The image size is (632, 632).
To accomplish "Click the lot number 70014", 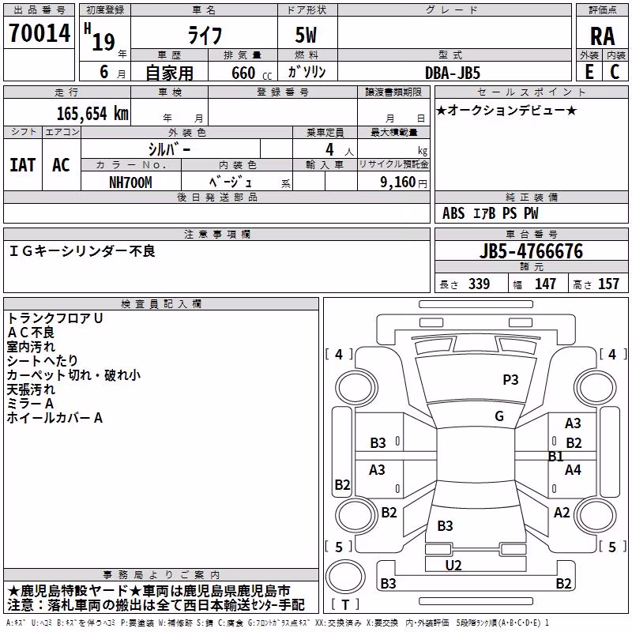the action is (x=39, y=33).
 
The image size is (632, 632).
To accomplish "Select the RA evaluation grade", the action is (x=602, y=36).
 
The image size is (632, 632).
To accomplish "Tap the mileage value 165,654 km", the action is (x=92, y=114).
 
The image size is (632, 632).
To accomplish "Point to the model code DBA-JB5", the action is (x=453, y=73).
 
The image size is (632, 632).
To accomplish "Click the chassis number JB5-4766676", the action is (x=531, y=251).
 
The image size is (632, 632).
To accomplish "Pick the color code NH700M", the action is (x=130, y=182).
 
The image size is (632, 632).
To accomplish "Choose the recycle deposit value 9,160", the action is (x=398, y=182).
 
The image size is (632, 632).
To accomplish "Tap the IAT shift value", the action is (x=22, y=165).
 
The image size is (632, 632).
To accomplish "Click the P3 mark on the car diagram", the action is (x=510, y=380).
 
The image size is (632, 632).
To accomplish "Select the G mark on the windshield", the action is (x=499, y=416).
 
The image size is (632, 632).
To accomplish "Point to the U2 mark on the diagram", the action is (x=453, y=565).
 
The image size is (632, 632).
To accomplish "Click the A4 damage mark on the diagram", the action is (x=573, y=470).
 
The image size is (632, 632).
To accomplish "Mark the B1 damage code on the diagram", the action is (x=556, y=457).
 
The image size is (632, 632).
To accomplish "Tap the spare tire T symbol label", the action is (x=345, y=604).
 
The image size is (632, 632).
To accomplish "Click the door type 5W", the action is (x=306, y=35).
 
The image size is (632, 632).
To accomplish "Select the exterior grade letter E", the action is (x=589, y=72).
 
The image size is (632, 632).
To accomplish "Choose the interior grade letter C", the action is (x=615, y=72).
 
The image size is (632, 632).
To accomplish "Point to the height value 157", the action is (x=608, y=284).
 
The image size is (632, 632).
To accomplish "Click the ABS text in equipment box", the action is (x=453, y=213).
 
